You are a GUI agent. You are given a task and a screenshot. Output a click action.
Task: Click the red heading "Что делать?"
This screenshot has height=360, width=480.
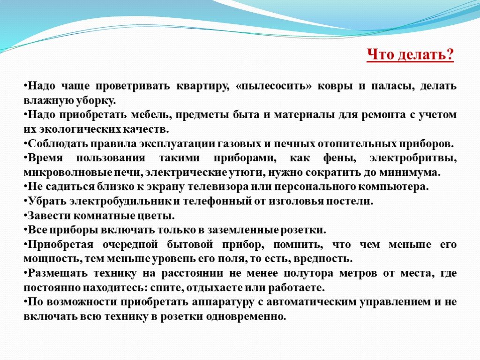click(x=410, y=55)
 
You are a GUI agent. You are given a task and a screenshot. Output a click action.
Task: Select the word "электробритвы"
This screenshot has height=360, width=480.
click(x=413, y=158)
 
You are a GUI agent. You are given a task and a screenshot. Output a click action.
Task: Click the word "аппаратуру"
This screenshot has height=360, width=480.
click(x=223, y=302)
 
